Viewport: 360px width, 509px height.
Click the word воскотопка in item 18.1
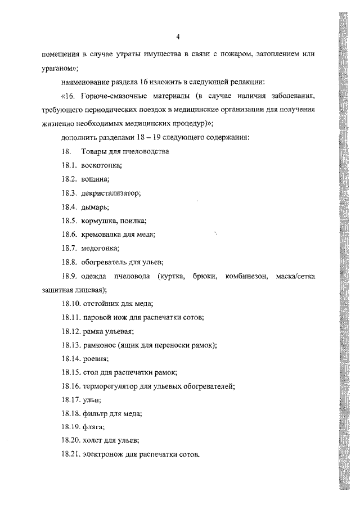102,165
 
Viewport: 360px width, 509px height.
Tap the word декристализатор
110,193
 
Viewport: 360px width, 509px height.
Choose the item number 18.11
71,317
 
